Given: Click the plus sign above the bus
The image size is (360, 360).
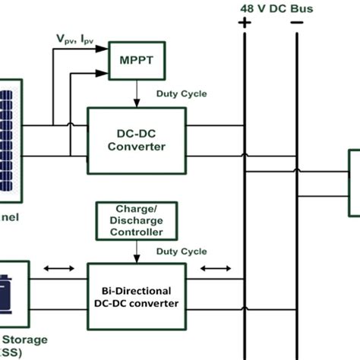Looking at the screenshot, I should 245,23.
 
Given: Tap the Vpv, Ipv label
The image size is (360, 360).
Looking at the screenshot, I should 74,37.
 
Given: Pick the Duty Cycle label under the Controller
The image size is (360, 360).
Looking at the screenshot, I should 179,250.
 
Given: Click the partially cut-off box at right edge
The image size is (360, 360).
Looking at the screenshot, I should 354,182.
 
